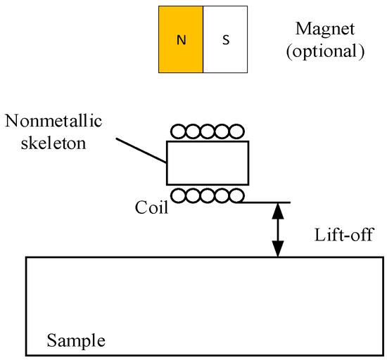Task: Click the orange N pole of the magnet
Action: [181, 39]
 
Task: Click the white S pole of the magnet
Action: [226, 39]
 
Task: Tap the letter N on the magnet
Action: [181, 40]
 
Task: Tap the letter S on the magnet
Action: [226, 40]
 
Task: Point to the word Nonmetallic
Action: [53, 122]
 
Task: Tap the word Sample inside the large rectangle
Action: [76, 342]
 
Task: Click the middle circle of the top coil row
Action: [208, 132]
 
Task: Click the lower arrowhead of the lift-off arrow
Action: [279, 250]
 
